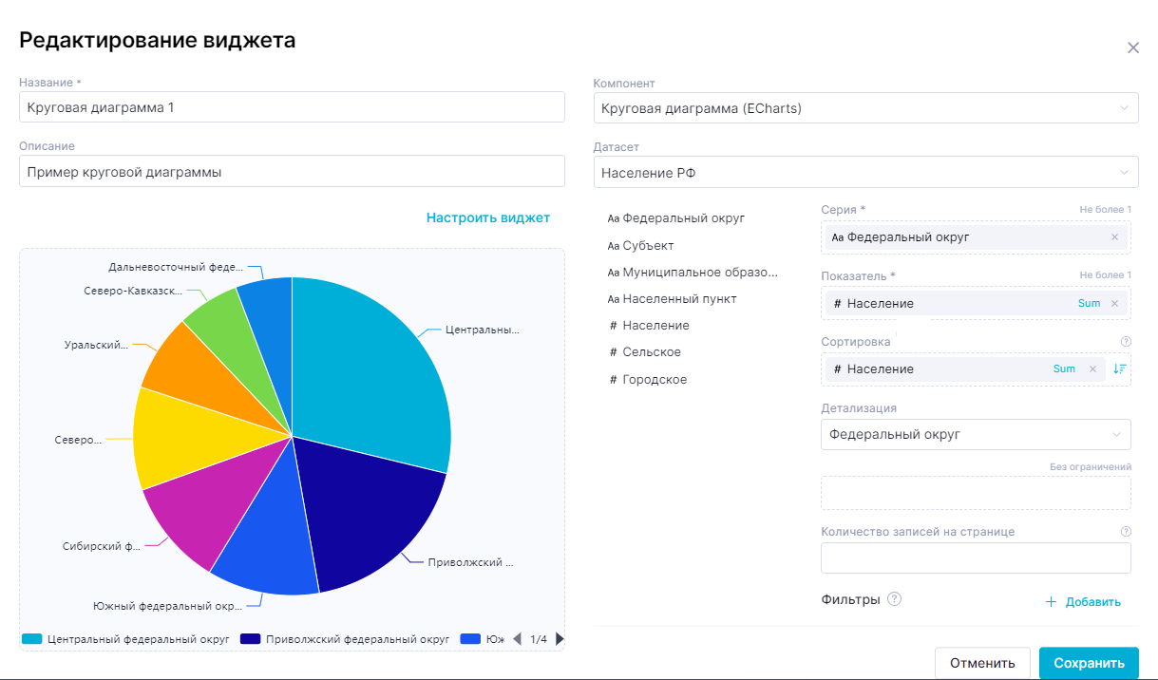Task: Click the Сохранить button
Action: (x=1088, y=663)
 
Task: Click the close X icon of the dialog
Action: (x=1132, y=47)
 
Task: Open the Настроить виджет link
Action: (x=487, y=217)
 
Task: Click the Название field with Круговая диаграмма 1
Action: (x=292, y=107)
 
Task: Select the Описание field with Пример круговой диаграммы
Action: (x=292, y=172)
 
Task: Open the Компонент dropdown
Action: (x=864, y=108)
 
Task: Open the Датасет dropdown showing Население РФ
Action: (x=864, y=173)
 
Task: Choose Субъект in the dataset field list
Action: (x=648, y=245)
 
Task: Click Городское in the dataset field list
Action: (x=655, y=379)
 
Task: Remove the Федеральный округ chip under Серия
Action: (x=1114, y=237)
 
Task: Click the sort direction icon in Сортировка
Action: (x=1119, y=368)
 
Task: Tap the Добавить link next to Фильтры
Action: (x=1084, y=602)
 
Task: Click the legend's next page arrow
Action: (x=560, y=639)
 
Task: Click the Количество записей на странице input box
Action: (x=976, y=558)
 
